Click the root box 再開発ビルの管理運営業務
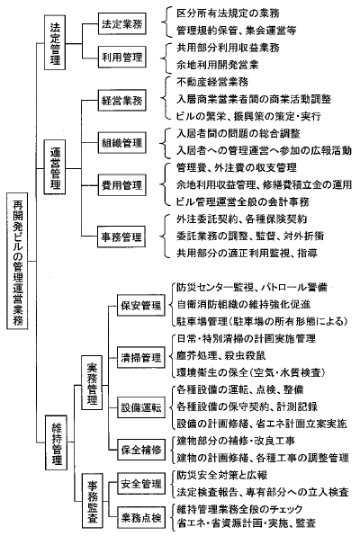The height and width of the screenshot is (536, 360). [17, 261]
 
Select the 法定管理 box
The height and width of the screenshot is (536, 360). [55, 42]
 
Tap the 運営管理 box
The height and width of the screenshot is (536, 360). [55, 167]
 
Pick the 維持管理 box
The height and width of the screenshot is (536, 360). [56, 442]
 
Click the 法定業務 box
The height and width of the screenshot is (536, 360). [122, 24]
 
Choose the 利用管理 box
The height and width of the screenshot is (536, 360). [122, 57]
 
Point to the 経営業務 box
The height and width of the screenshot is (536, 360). [122, 100]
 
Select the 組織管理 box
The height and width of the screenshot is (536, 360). [122, 142]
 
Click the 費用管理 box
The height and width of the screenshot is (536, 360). [122, 185]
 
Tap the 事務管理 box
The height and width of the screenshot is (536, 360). [121, 237]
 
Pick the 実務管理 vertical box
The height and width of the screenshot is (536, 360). [92, 383]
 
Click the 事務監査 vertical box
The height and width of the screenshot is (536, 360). [93, 500]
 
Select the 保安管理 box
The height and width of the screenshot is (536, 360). [141, 305]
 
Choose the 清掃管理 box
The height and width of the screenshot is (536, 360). [141, 357]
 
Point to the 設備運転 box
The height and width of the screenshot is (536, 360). [141, 407]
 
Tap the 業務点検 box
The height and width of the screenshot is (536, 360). [141, 517]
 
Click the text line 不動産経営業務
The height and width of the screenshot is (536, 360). [212, 82]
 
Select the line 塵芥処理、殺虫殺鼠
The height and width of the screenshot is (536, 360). [221, 355]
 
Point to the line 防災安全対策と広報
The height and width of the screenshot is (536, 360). [222, 475]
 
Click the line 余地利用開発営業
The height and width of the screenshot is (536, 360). [218, 65]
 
